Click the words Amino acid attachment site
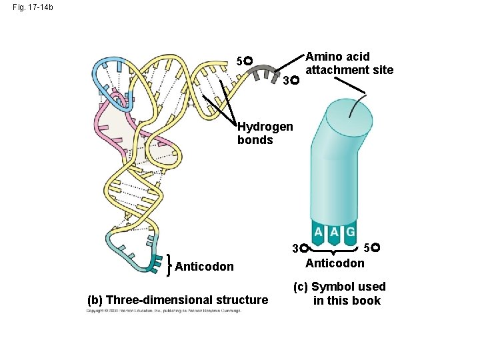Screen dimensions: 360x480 [349, 63]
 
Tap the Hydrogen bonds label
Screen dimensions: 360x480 [264, 133]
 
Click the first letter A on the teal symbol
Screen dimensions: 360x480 [319, 232]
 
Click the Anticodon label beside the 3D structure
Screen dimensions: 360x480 [204, 267]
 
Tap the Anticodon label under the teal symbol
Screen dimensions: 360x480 [335, 263]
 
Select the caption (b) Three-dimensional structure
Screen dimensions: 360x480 [177, 300]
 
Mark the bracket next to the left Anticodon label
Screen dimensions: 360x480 [171, 265]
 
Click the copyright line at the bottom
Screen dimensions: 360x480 [163, 311]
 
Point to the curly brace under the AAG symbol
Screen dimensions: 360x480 [335, 252]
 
